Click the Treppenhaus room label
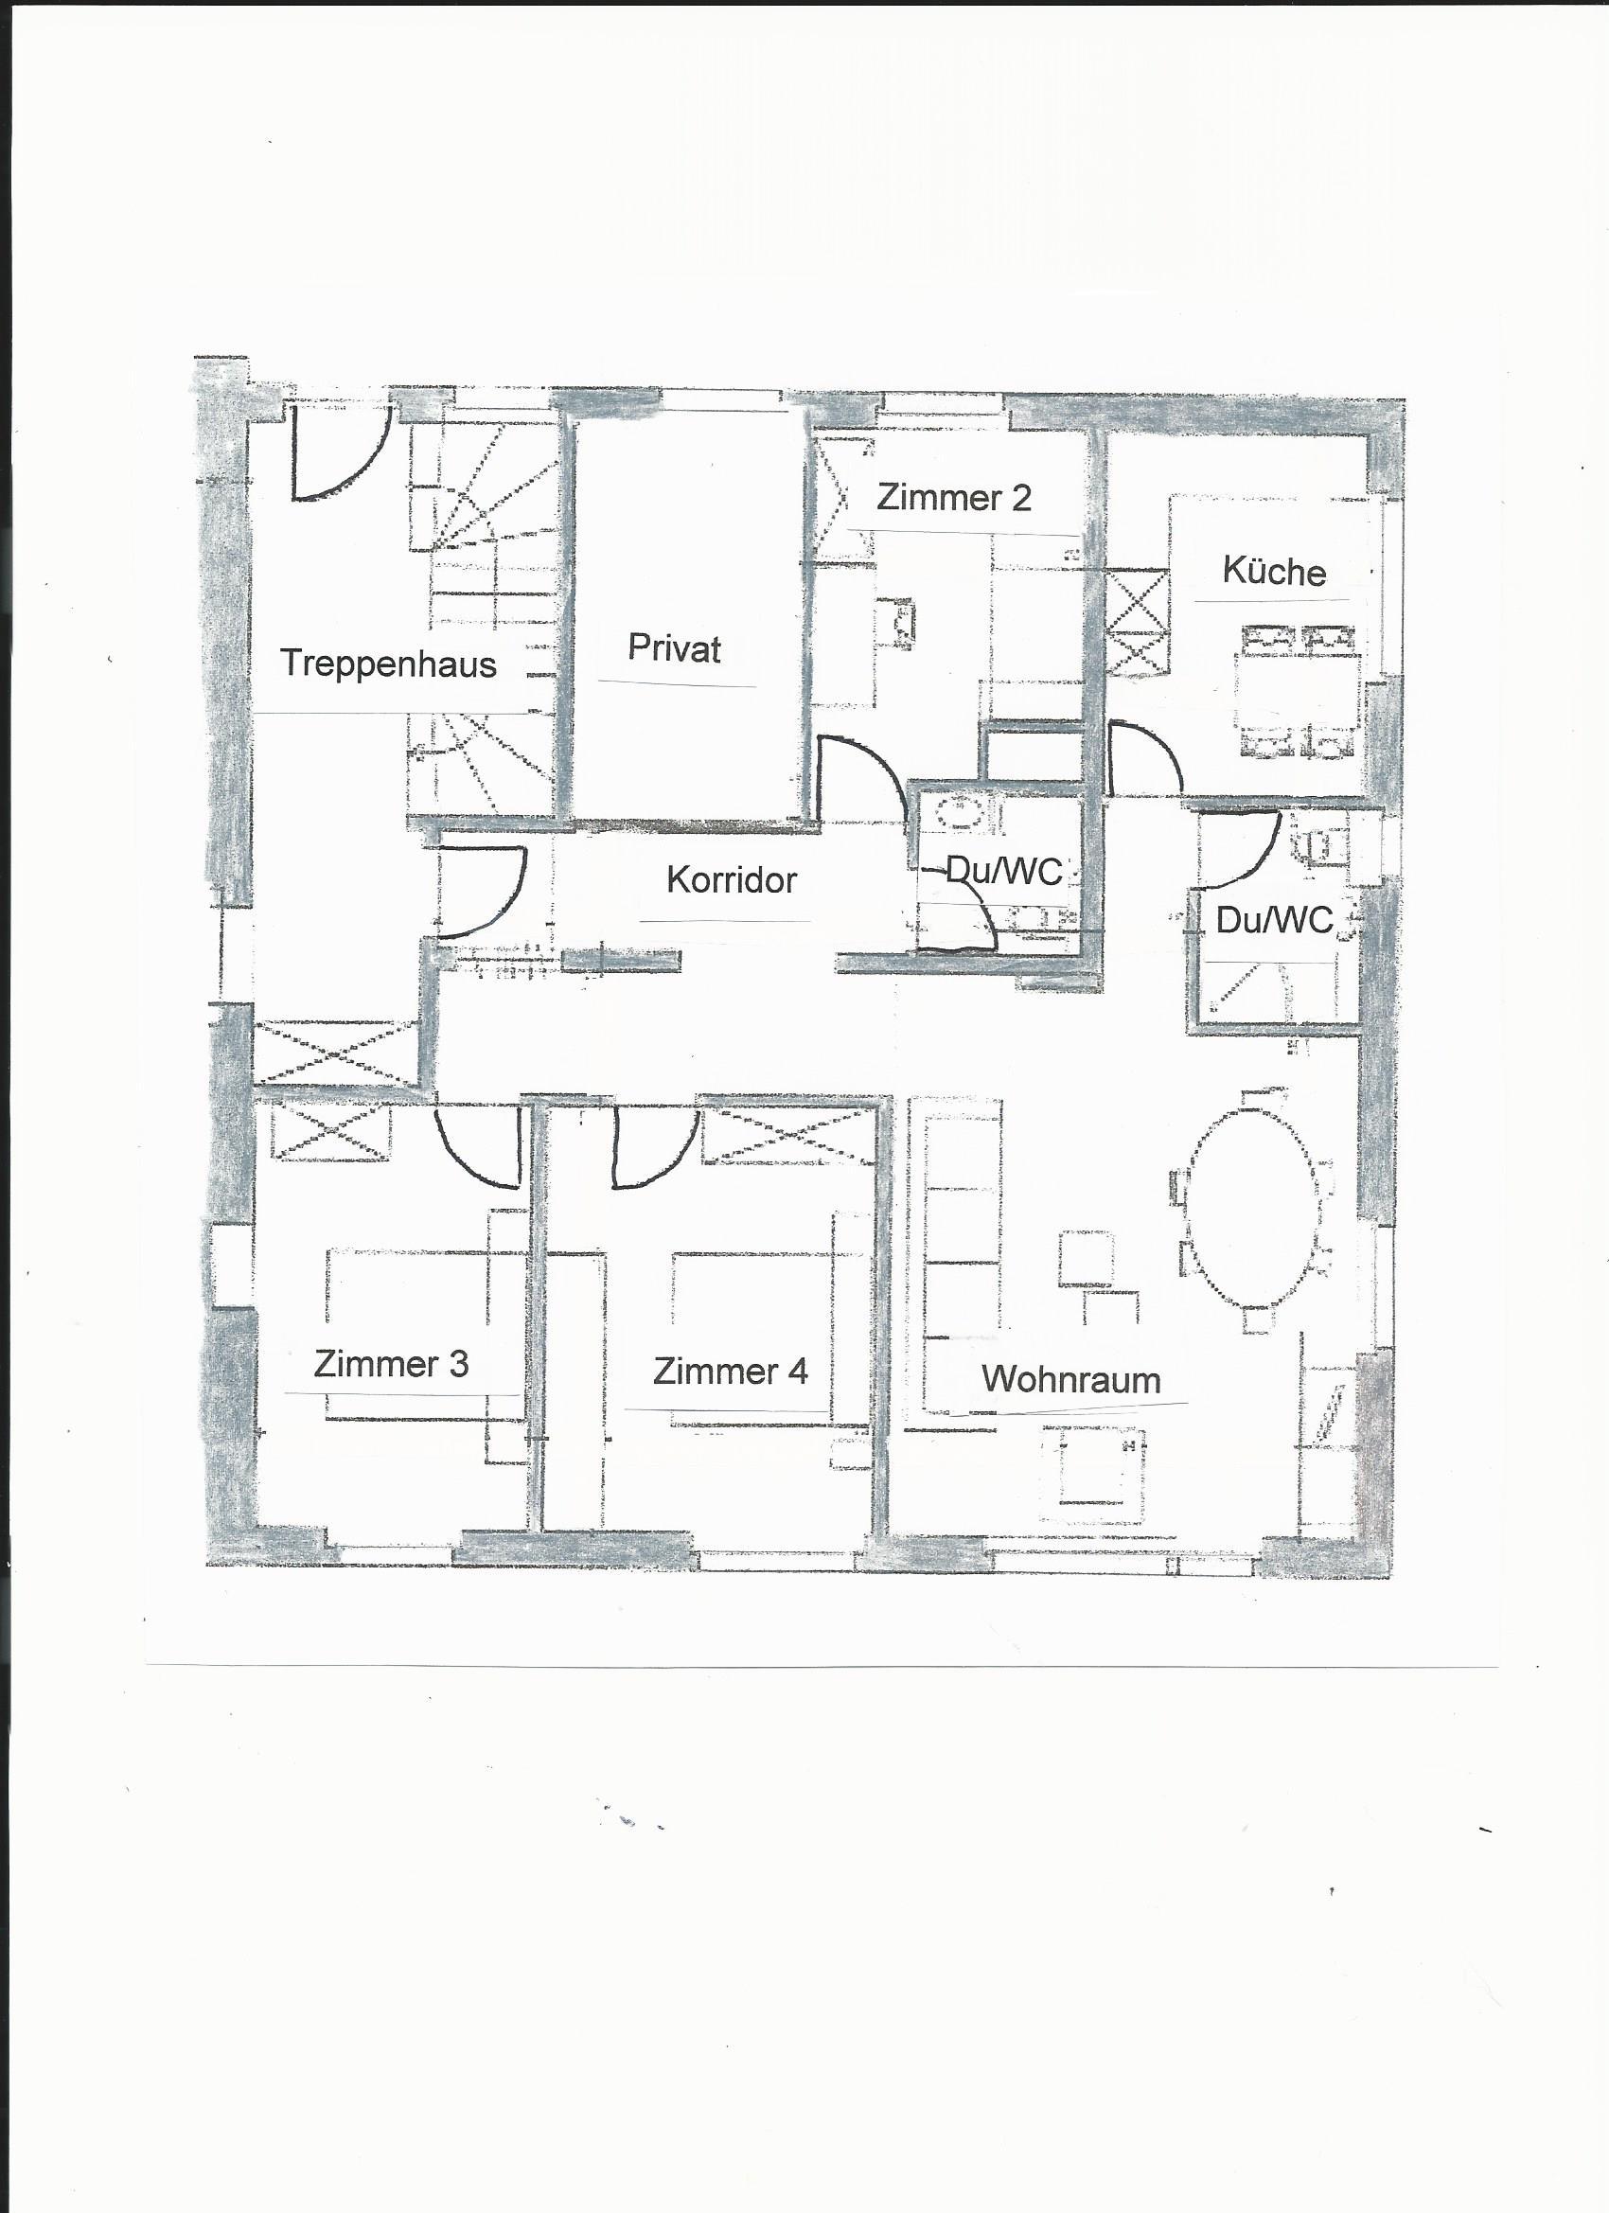(388, 664)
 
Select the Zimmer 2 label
(953, 498)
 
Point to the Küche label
(1274, 571)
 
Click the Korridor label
(732, 880)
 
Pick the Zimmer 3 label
(390, 1364)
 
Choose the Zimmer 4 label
(730, 1372)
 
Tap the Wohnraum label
(1070, 1380)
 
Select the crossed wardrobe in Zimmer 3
(329, 1131)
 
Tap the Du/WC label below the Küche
(1274, 919)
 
